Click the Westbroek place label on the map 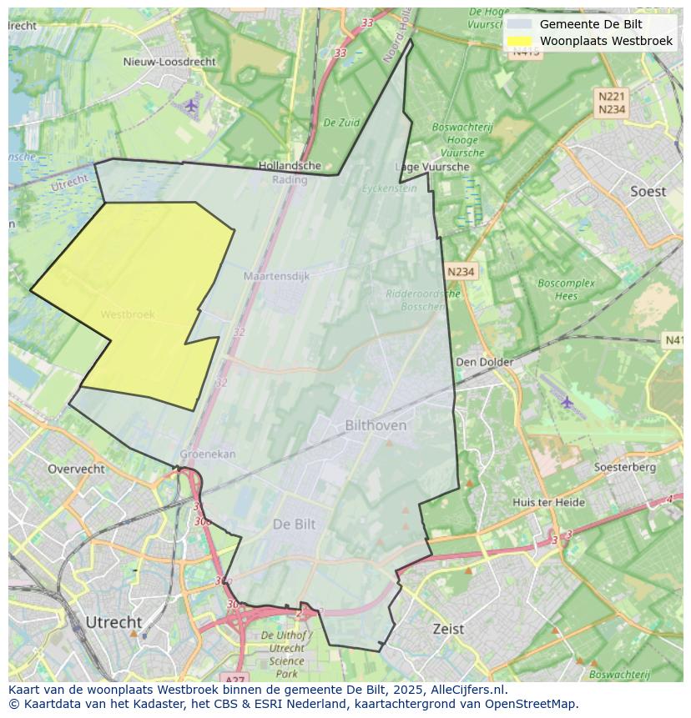coord(128,314)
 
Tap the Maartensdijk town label coord(276,275)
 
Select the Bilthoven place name coord(376,425)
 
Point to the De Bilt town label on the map coord(295,524)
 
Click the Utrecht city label coord(113,622)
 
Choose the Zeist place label coord(448,629)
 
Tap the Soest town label coord(648,192)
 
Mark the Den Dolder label coord(484,362)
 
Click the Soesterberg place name coord(624,467)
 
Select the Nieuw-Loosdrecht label coord(169,62)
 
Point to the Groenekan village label coord(208,454)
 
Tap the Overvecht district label coord(76,469)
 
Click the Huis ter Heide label coord(548,502)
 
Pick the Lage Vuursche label coord(432,167)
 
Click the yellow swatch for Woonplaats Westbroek coord(519,41)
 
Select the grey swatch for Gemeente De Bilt coord(519,24)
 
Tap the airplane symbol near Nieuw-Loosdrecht coord(192,105)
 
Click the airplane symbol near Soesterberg coord(567,402)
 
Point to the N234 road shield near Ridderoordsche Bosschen coord(461,272)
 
